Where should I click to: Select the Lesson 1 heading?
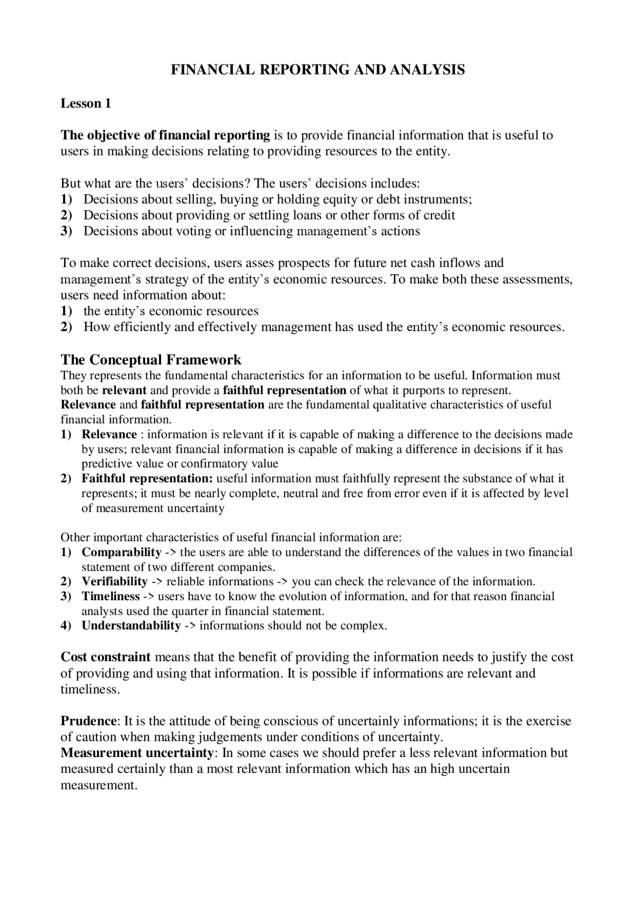click(x=85, y=103)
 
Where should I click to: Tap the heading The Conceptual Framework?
click(x=151, y=359)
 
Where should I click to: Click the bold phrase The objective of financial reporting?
click(x=165, y=135)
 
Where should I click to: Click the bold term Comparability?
click(x=121, y=552)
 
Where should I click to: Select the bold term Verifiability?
click(x=115, y=581)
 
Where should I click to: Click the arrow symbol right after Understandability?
click(x=190, y=625)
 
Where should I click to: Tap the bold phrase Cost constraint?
click(x=105, y=657)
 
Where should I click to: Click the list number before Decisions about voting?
click(x=66, y=231)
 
